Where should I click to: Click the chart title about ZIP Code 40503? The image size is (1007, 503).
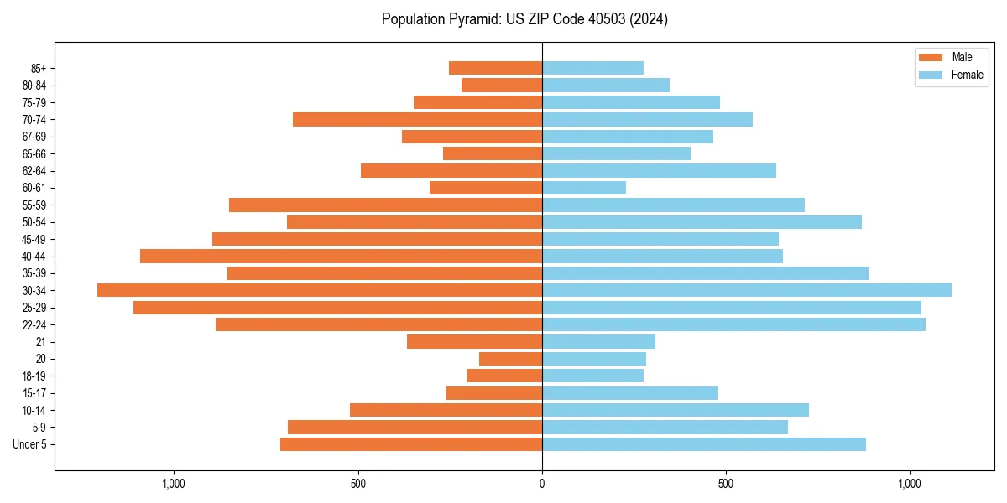click(524, 19)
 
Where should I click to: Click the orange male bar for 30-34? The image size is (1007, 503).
click(320, 290)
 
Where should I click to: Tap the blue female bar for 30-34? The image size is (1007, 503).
click(747, 290)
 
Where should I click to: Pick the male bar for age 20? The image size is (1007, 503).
click(511, 359)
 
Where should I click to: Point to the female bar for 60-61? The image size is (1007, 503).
click(584, 188)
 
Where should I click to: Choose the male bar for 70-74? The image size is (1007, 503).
click(418, 119)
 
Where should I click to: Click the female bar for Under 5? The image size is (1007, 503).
click(704, 444)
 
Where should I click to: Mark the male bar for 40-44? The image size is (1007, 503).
click(342, 256)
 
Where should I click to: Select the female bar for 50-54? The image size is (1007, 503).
click(702, 222)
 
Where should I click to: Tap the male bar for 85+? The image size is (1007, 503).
click(496, 68)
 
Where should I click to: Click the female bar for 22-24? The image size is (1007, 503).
click(733, 324)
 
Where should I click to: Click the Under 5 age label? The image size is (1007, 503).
click(29, 444)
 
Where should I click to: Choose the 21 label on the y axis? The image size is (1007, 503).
click(40, 342)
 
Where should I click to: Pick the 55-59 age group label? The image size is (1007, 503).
click(34, 205)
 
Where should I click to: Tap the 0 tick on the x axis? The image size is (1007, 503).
click(542, 484)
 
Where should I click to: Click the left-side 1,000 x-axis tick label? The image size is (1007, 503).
click(174, 484)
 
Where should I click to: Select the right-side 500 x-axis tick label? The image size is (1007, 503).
click(726, 484)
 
